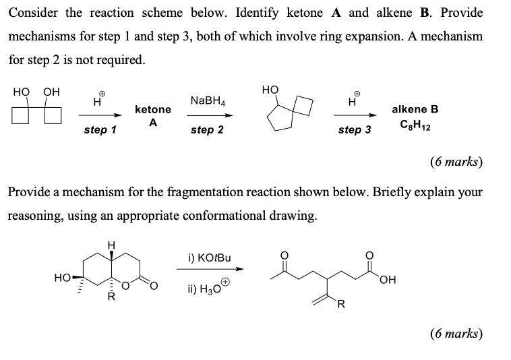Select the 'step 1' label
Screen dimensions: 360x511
[100, 129]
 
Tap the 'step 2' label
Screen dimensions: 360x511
[207, 129]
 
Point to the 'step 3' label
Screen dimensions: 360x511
[355, 129]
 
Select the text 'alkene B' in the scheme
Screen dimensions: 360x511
[415, 109]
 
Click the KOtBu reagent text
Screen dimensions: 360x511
[210, 258]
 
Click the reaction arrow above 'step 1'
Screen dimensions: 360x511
[100, 115]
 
